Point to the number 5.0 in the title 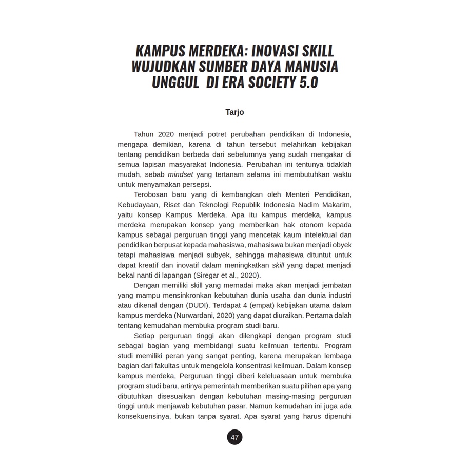[307, 82]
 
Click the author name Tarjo [234, 112]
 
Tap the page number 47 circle [234, 437]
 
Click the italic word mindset [180, 174]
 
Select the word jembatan [334, 285]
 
